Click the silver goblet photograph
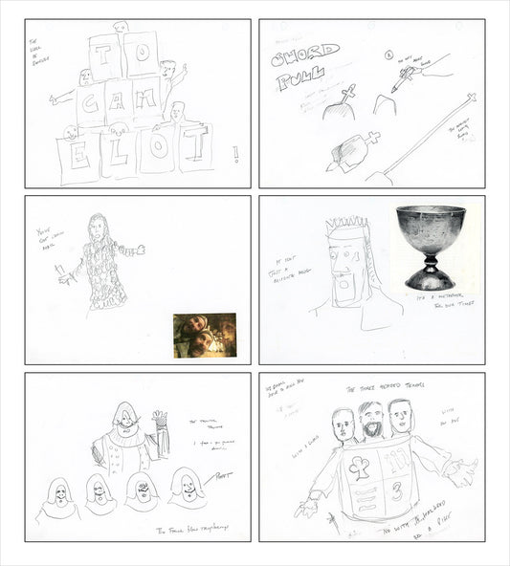point(430,247)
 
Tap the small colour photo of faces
point(205,335)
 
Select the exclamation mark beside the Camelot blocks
point(235,153)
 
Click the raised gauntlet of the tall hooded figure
point(160,421)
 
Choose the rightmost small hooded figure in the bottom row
point(188,488)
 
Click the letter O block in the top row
point(141,54)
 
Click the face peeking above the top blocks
point(120,28)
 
